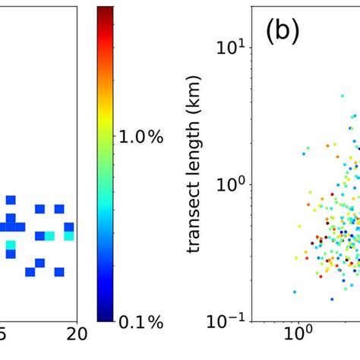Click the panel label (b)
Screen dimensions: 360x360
coord(282,32)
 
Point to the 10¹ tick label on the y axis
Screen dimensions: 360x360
coord(231,47)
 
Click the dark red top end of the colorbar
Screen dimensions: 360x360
coord(106,11)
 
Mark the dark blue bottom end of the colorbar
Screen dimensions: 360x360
coord(106,318)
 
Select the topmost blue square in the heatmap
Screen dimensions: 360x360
coord(11,200)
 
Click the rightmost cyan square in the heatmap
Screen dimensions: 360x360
coord(69,236)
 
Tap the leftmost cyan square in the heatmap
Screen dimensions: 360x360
coord(11,245)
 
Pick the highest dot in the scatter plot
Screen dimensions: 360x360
coord(355,116)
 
